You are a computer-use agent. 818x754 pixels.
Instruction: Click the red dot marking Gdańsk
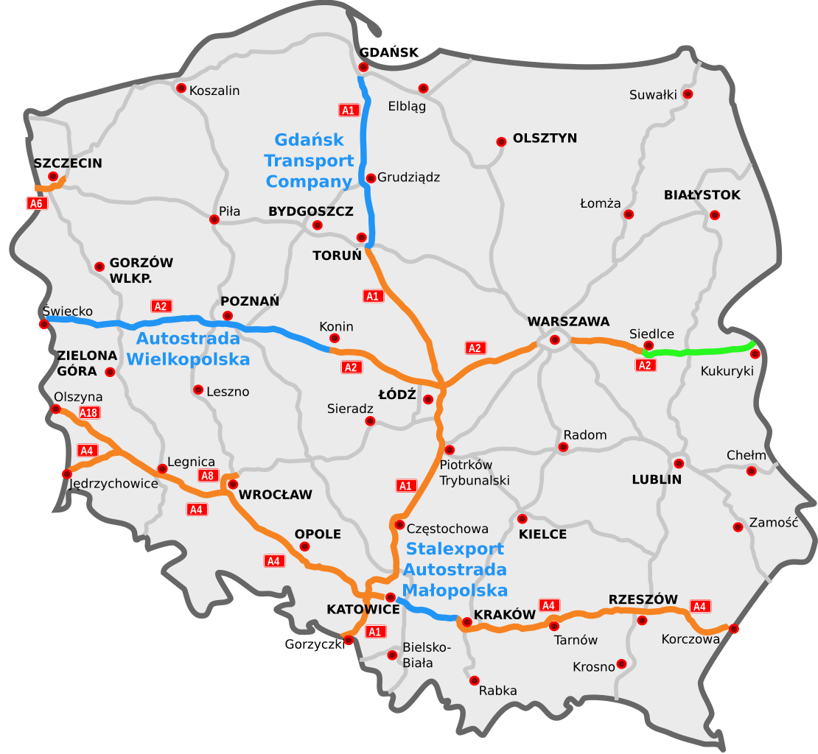tap(363, 67)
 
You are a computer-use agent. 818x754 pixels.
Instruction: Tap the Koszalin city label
tap(214, 91)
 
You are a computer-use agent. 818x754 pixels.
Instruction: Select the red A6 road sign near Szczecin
tap(35, 203)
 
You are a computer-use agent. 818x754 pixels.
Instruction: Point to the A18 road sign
tap(88, 412)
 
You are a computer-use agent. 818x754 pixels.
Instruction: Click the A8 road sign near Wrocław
tap(208, 475)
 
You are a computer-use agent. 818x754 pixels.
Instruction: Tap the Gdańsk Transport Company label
tap(310, 160)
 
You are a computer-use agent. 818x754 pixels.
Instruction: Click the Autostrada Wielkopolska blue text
tap(188, 349)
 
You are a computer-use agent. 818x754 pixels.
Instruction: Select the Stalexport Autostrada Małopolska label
tap(455, 569)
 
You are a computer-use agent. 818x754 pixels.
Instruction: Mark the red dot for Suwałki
tap(688, 94)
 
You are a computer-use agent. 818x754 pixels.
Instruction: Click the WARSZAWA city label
tap(568, 322)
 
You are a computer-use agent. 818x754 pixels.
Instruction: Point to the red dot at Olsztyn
tap(501, 141)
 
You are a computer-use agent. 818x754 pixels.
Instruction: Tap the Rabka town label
tap(497, 691)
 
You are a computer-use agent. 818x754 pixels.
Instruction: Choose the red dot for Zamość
tap(738, 526)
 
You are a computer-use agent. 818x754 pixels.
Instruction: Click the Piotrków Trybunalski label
tap(475, 473)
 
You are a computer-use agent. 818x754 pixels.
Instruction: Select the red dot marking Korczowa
tap(733, 628)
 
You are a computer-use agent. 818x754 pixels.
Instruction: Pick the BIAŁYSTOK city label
tap(702, 195)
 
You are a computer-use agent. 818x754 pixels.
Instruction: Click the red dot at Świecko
tap(44, 323)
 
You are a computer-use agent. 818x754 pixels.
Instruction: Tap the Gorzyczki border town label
tap(315, 644)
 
